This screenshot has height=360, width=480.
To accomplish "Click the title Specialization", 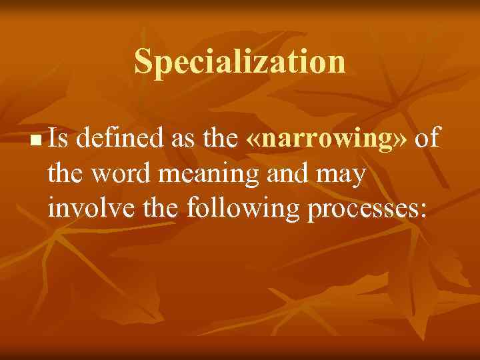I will click(x=240, y=62).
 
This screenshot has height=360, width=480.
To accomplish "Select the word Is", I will click(x=61, y=139).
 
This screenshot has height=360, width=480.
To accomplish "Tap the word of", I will click(x=427, y=139).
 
